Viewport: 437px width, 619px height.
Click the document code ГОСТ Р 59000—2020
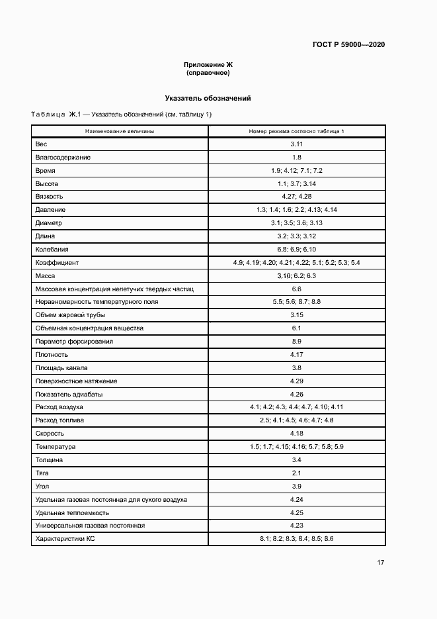pos(348,44)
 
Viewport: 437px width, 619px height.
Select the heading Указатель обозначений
pos(208,98)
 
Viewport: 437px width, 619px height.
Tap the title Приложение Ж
pos(208,64)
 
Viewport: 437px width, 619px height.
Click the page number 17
pos(381,563)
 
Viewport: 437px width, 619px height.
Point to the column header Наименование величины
pos(120,132)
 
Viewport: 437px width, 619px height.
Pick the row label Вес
pos(41,144)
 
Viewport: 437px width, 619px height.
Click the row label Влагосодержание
pos(63,158)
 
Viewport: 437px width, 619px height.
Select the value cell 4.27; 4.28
pos(296,197)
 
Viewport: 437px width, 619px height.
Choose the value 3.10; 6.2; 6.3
pos(296,275)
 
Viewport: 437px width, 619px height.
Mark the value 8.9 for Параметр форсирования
pos(296,342)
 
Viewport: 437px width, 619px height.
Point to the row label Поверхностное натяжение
pos(76,381)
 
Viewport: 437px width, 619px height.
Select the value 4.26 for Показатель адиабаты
pos(296,394)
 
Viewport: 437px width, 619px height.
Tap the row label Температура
pos(56,447)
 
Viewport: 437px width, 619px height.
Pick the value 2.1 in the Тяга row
pos(296,473)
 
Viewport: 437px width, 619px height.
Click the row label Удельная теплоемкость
pos(72,512)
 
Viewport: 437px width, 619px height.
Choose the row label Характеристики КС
pos(66,539)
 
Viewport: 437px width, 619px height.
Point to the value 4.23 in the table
pos(296,526)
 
